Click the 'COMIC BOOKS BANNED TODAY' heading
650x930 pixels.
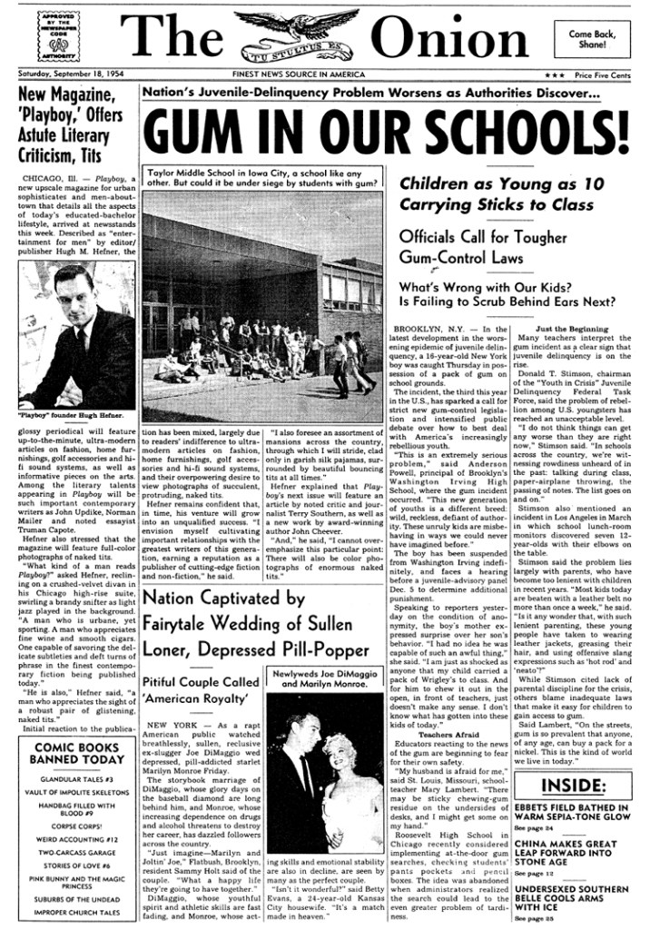click(x=76, y=753)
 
